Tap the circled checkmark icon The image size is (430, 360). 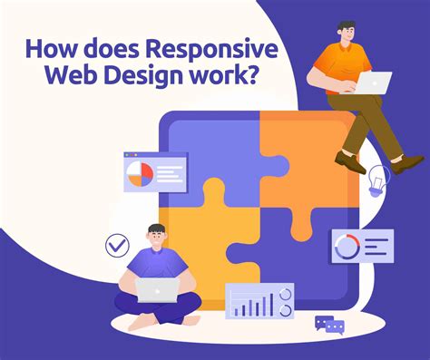[x=117, y=245]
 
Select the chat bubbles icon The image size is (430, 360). [x=328, y=324]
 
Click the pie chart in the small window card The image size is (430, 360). [x=141, y=173]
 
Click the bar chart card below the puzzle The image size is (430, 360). [x=259, y=302]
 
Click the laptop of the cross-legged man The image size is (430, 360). [x=158, y=289]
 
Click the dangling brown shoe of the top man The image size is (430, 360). [x=349, y=163]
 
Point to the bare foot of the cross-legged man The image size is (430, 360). [x=136, y=321]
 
